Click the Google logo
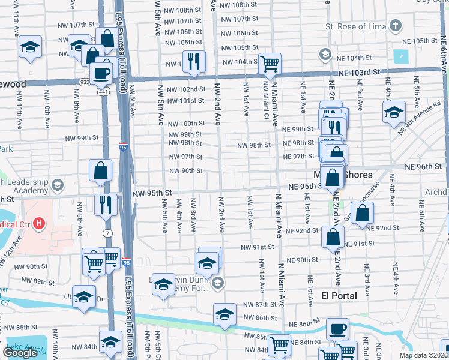[20, 352]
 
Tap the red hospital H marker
[40, 224]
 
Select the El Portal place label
[339, 296]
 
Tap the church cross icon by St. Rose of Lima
[395, 26]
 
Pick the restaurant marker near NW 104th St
[193, 61]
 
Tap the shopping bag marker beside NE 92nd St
[362, 213]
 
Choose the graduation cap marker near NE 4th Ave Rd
[394, 112]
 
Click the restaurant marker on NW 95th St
[106, 205]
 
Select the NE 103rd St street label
[360, 72]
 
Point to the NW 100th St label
[185, 123]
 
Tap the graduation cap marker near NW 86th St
[224, 314]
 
